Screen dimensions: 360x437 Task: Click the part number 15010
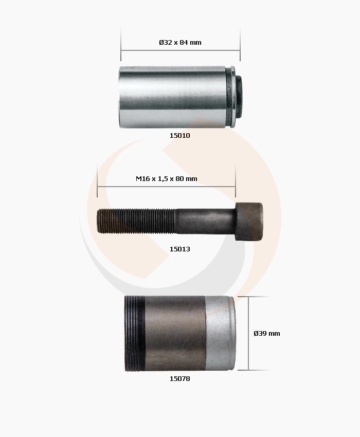[x=180, y=135]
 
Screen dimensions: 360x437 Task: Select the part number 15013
[x=180, y=249]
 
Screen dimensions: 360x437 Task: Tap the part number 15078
[x=180, y=379]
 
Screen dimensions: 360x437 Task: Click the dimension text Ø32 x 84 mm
[x=180, y=42]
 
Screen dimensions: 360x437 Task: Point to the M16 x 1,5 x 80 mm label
[x=167, y=178]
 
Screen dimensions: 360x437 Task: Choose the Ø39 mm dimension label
[x=267, y=333]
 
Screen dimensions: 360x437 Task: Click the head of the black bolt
[x=249, y=221]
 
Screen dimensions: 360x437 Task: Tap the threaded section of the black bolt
[x=136, y=221]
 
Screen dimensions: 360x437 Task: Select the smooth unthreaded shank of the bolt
[x=205, y=221]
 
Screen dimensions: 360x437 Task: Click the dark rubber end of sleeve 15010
[x=239, y=97]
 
